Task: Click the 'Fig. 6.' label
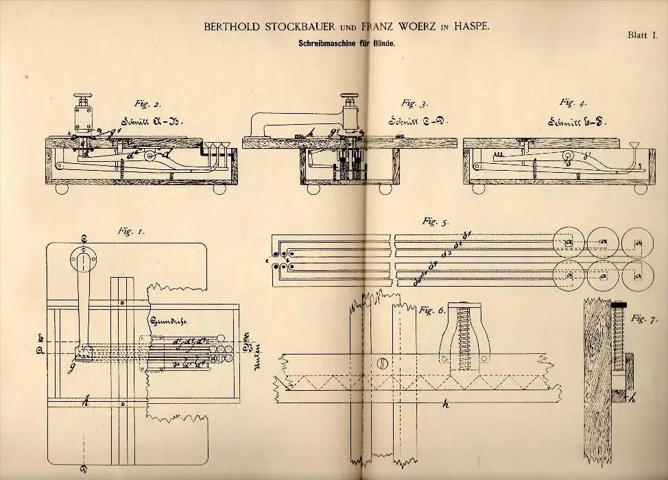pyautogui.click(x=432, y=311)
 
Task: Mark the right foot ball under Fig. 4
pyautogui.click(x=640, y=188)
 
